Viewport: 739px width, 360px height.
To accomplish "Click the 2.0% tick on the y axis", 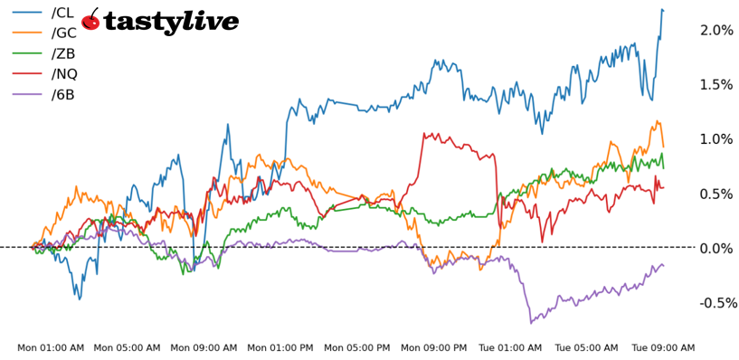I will pos(715,30).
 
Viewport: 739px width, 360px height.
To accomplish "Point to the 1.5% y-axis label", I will pos(715,84).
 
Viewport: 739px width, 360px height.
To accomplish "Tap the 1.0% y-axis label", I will pos(715,138).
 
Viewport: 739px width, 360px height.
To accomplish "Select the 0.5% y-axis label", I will pos(715,194).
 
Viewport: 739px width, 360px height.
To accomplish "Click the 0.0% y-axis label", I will pos(715,248).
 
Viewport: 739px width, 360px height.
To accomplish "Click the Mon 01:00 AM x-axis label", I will pos(51,347).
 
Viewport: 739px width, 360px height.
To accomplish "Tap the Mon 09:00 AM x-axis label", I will pos(204,347).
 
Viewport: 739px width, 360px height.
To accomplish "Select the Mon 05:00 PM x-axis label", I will pos(357,347).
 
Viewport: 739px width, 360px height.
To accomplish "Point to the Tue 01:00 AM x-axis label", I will pos(510,347).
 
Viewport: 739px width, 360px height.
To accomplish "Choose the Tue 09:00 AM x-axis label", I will pos(663,347).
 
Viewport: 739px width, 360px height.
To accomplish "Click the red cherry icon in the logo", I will pos(90,20).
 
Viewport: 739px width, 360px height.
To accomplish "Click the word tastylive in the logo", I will pos(172,22).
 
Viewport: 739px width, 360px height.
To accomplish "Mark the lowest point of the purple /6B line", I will pos(531,322).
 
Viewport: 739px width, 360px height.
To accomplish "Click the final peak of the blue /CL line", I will pos(662,10).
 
